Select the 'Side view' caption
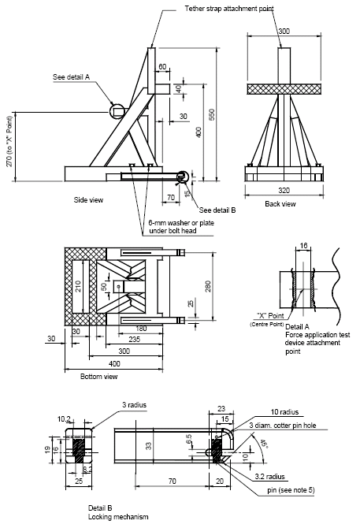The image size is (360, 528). (x=88, y=199)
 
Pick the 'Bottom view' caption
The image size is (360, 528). (x=99, y=377)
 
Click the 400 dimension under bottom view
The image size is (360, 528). (x=116, y=363)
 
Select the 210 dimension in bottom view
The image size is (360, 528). (x=78, y=286)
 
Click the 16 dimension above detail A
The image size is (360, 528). (x=303, y=246)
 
